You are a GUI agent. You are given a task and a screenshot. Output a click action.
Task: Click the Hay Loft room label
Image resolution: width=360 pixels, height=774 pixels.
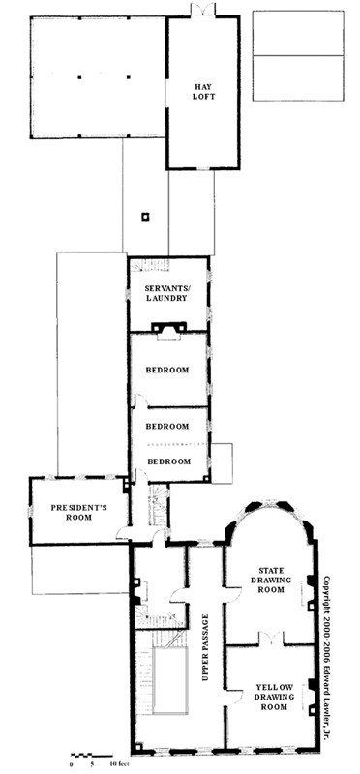[203, 92]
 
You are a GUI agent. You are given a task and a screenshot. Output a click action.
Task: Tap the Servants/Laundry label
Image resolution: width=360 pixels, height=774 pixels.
[165, 293]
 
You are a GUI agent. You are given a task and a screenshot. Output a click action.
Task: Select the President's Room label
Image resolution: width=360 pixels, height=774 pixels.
[78, 512]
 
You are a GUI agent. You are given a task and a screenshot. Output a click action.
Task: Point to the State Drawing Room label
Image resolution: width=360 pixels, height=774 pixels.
[271, 580]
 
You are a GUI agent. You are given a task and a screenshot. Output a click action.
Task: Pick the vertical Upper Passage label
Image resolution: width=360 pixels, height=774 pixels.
[205, 647]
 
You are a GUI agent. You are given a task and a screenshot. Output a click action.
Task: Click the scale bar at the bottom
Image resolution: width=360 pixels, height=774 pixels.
[91, 756]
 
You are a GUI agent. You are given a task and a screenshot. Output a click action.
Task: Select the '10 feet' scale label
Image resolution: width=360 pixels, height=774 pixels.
[119, 764]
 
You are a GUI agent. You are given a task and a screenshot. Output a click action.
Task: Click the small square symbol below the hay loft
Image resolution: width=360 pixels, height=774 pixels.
[145, 216]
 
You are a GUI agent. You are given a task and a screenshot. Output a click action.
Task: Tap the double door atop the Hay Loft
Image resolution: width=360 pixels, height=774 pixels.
[203, 9]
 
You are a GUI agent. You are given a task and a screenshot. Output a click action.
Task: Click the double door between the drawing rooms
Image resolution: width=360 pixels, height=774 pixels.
[271, 639]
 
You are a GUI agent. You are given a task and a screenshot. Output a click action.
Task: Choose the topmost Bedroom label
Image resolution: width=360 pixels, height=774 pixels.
[167, 370]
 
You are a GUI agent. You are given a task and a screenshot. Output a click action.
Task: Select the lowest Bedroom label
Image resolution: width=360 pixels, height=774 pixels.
[169, 461]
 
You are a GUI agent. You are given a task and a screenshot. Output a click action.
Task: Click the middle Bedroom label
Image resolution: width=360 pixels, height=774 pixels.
[167, 426]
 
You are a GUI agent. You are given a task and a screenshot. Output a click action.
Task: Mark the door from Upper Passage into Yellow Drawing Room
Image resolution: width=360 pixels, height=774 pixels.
[233, 696]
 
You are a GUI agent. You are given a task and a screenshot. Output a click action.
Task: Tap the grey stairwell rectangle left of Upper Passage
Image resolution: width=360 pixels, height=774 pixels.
[170, 681]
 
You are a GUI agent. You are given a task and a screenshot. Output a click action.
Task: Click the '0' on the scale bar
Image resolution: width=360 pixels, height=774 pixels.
[73, 764]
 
